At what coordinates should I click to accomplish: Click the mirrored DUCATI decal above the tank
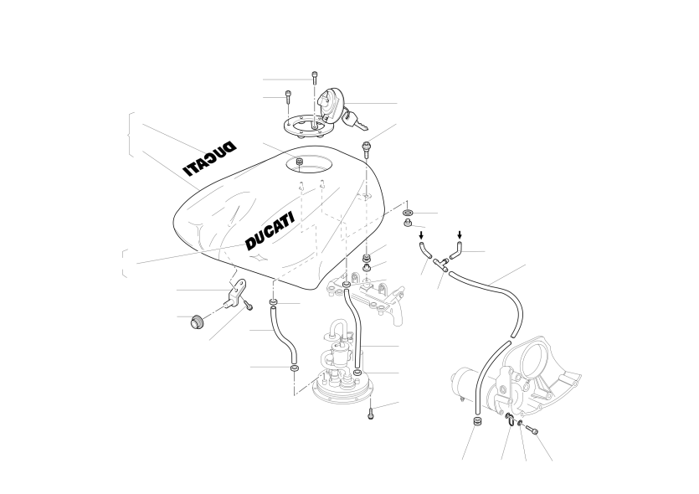click(209, 159)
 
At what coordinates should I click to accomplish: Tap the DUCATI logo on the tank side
click(270, 231)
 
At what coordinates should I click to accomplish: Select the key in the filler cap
click(354, 121)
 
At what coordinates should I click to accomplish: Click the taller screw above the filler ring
click(315, 78)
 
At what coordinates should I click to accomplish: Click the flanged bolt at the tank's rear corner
click(367, 150)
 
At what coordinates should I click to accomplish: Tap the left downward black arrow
click(421, 235)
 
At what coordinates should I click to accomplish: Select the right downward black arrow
click(460, 234)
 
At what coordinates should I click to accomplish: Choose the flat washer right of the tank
click(408, 213)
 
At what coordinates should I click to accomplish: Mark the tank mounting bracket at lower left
click(235, 292)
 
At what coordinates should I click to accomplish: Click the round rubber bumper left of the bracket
click(195, 322)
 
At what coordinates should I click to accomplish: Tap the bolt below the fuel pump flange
click(370, 414)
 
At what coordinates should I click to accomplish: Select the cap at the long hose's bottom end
click(476, 422)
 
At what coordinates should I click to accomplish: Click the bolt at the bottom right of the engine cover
click(532, 429)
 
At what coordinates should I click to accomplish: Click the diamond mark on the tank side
click(259, 258)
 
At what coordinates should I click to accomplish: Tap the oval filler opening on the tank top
click(309, 164)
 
